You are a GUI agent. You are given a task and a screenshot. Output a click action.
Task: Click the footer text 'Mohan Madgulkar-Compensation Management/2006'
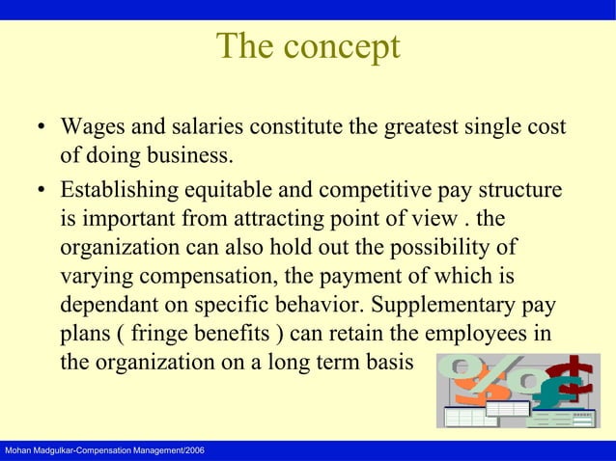tap(101, 451)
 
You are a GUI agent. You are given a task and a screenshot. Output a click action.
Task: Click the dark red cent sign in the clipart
tap(574, 372)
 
